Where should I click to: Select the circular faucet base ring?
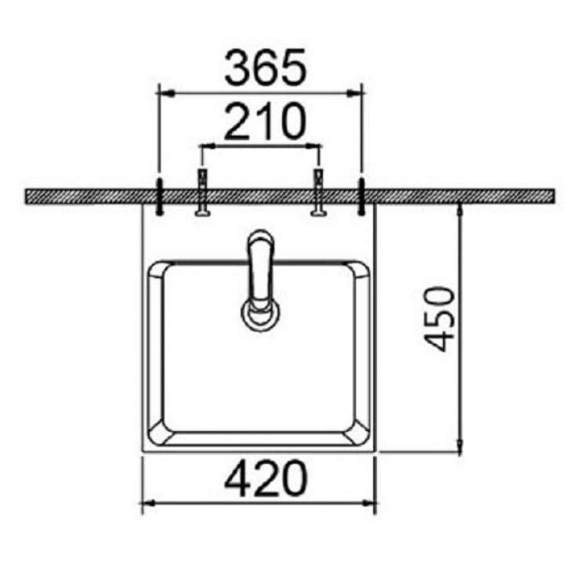tap(259, 314)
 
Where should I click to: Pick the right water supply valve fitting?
tap(318, 192)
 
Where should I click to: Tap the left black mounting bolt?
tap(160, 197)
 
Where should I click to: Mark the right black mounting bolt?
tap(362, 197)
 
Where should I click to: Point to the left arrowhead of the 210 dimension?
tap(205, 146)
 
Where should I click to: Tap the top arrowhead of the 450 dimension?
tap(459, 209)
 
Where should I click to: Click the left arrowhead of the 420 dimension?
tap(147, 502)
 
